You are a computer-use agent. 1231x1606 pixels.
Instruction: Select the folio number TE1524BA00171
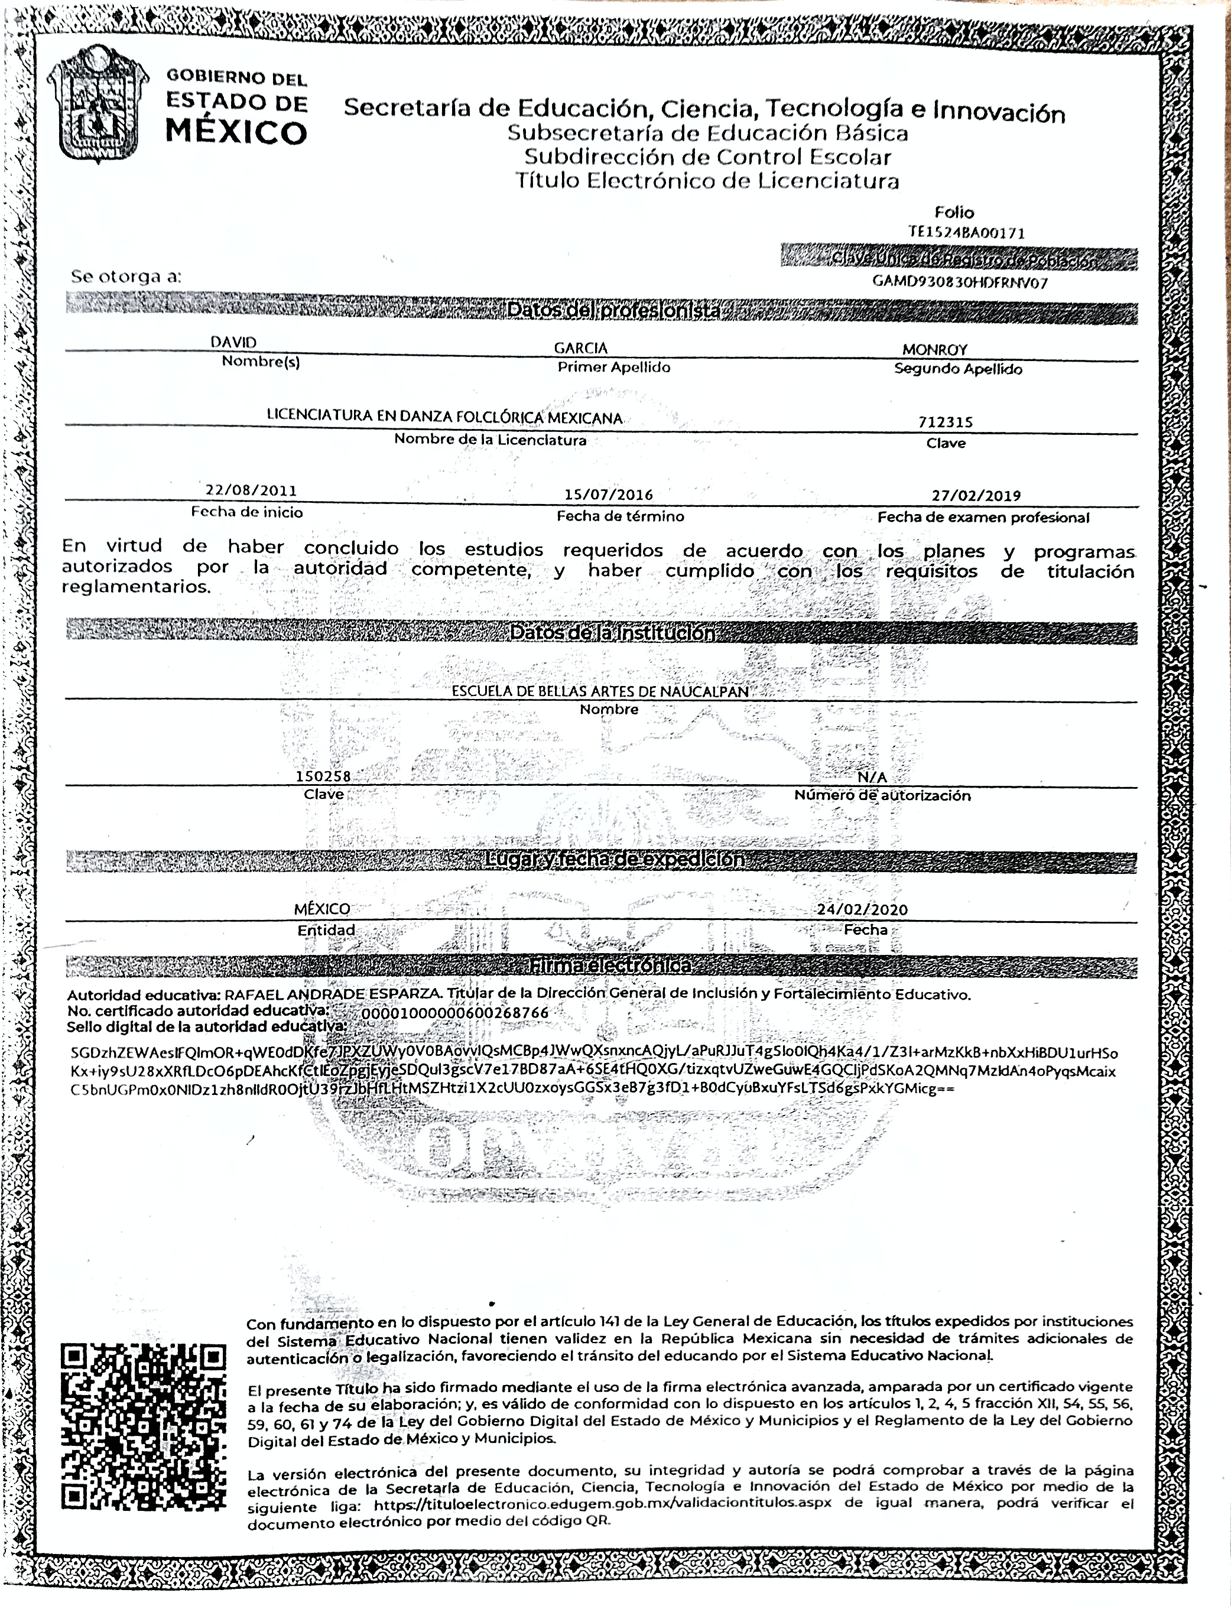pos(966,233)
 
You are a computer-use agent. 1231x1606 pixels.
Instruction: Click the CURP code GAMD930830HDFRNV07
pos(960,282)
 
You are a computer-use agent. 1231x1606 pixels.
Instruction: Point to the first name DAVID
pos(234,342)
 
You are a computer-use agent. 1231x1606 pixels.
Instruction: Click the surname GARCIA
pos(580,348)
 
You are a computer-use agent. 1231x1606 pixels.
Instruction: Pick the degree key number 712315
pos(945,422)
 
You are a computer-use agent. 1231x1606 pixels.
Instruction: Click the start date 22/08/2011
pos(251,490)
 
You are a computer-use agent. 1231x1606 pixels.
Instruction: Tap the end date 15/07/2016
pos(608,495)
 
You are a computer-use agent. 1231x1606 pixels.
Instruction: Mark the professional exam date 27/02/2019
pos(976,495)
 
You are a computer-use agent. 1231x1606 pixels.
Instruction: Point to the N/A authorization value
pos(872,776)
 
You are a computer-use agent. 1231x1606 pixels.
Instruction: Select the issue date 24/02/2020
pos(862,909)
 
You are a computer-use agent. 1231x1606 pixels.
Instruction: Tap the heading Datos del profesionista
pos(613,311)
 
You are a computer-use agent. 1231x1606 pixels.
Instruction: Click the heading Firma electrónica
pos(610,965)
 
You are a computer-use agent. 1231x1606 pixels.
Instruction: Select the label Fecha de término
pos(620,516)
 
